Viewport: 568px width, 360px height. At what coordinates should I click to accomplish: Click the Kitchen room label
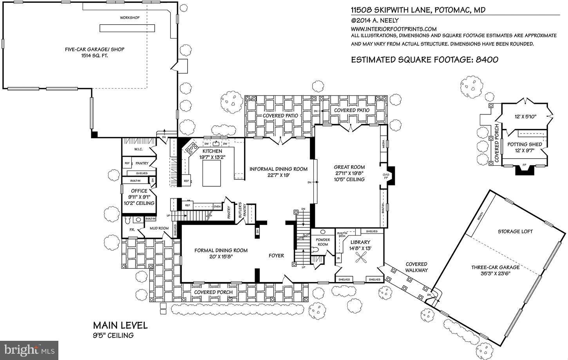(212, 151)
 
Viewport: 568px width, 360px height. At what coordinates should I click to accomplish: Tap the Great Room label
(349, 167)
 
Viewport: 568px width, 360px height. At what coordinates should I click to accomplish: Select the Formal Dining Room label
(221, 250)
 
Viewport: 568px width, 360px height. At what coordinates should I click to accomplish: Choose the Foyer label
(276, 255)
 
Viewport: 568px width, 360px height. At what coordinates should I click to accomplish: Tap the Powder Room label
(323, 242)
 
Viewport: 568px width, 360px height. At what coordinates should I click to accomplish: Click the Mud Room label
(159, 228)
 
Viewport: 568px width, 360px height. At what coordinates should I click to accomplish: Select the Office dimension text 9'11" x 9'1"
(139, 197)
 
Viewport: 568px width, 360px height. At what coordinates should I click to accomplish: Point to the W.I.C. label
(138, 150)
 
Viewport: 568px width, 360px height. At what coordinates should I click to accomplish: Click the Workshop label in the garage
(130, 18)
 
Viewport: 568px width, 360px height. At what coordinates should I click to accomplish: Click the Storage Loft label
(515, 231)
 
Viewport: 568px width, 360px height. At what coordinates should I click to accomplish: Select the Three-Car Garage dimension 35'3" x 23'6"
(495, 273)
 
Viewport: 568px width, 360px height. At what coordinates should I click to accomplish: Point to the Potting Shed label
(525, 144)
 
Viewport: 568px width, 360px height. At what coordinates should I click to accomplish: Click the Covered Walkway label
(416, 267)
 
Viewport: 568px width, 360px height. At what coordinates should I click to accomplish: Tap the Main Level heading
(120, 325)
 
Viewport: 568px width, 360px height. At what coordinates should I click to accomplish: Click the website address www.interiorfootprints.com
(393, 29)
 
